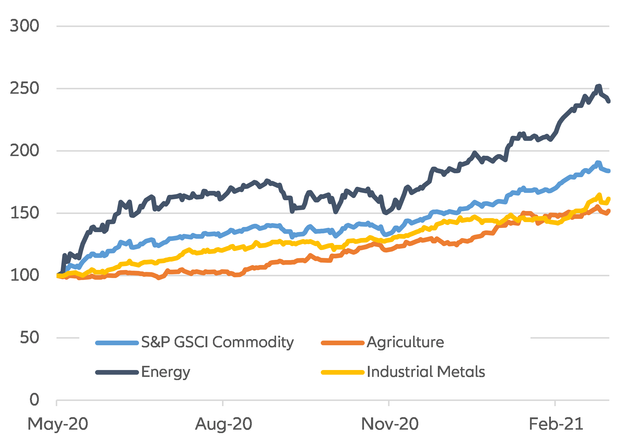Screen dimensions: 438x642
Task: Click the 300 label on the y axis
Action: [24, 26]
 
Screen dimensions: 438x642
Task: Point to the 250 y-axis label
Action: [24, 88]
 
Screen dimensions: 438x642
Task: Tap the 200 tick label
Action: [24, 151]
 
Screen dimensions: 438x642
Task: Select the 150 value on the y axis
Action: [24, 213]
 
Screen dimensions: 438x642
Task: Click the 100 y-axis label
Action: [24, 276]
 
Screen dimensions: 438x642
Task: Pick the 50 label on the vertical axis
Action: [29, 338]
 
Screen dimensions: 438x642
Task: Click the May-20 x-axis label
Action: [58, 424]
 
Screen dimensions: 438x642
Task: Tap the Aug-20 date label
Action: [223, 424]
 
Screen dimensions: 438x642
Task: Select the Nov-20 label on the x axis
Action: [390, 424]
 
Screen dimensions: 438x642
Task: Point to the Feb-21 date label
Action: [556, 424]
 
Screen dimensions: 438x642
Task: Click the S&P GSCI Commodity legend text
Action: [217, 343]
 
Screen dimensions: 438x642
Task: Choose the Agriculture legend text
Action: [405, 343]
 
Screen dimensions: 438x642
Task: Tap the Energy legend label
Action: [166, 372]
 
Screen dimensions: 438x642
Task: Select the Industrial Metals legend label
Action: [426, 372]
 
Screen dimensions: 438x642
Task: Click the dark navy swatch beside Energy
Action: [117, 372]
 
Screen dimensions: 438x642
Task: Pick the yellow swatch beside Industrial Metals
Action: [343, 372]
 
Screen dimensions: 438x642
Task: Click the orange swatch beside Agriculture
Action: [343, 343]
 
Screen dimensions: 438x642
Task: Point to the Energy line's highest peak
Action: [598, 86]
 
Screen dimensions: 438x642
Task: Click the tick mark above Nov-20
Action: [389, 403]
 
